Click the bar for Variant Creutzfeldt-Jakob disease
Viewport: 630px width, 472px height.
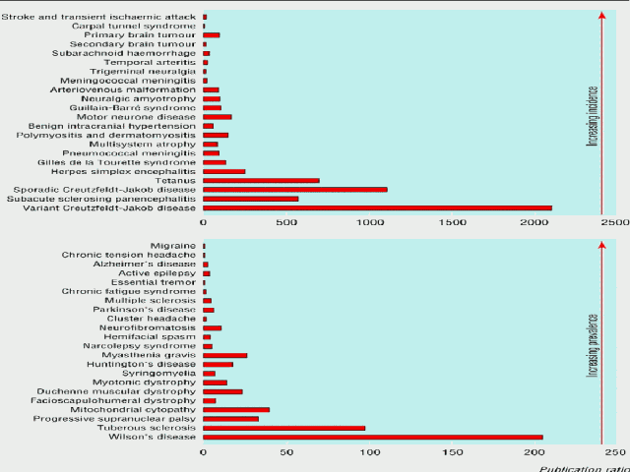[x=377, y=207]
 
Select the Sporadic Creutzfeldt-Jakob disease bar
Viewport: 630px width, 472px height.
[x=294, y=189]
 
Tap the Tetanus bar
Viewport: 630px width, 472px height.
[x=261, y=180]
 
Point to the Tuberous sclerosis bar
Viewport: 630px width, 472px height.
[x=283, y=428]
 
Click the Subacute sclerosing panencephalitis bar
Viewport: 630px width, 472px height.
[x=250, y=199]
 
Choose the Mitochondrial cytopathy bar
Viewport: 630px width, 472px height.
[x=236, y=409]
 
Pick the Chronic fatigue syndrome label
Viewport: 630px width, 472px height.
[x=129, y=291]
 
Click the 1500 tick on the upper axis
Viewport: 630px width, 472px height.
[x=452, y=223]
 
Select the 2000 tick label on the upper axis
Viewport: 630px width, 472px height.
[x=535, y=223]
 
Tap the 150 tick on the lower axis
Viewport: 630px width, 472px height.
[x=452, y=452]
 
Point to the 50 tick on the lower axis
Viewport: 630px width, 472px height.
[x=285, y=452]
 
